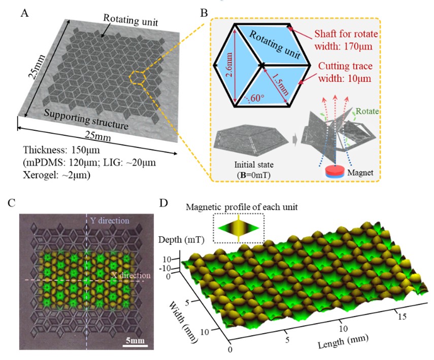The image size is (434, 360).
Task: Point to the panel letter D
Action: click(x=163, y=204)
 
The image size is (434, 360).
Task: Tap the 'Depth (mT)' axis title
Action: click(x=173, y=239)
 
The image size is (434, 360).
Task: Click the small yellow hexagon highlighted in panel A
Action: click(x=139, y=77)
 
